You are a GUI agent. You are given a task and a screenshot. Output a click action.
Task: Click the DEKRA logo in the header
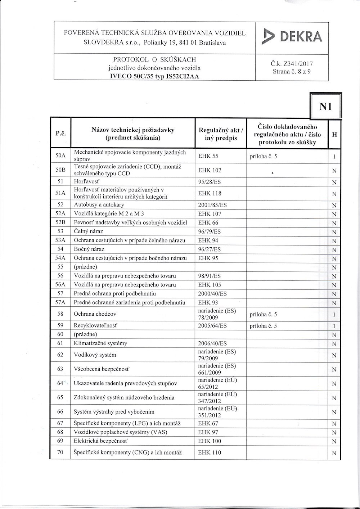pyautogui.click(x=292, y=37)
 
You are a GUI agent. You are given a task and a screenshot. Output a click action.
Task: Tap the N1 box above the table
pyautogui.click(x=325, y=107)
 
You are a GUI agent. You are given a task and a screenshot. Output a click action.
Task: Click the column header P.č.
pyautogui.click(x=60, y=133)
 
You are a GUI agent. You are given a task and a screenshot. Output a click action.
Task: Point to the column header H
pyautogui.click(x=334, y=134)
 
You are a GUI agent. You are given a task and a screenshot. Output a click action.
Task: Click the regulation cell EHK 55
pyautogui.click(x=208, y=156)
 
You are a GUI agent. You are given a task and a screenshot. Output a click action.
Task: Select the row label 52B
pyautogui.click(x=60, y=223)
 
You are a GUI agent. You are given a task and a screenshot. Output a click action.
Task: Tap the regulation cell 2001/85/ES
pyautogui.click(x=212, y=205)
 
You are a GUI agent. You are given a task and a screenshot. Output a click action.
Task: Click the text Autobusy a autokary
pyautogui.click(x=99, y=205)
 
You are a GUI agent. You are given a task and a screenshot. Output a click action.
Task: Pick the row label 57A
pyautogui.click(x=60, y=303)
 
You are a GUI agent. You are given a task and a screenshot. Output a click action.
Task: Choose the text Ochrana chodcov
pyautogui.click(x=95, y=314)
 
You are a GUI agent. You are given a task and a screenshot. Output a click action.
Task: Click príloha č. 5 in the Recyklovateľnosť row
pyautogui.click(x=263, y=326)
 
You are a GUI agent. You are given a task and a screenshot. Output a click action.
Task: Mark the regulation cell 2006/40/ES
pyautogui.click(x=212, y=344)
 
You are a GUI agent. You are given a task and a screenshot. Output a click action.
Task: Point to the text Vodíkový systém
pyautogui.click(x=95, y=355)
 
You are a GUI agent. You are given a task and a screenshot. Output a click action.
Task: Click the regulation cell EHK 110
pyautogui.click(x=210, y=453)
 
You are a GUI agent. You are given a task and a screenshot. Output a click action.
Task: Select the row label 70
pyautogui.click(x=60, y=453)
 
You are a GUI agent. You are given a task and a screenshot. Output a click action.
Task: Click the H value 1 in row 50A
pyautogui.click(x=334, y=157)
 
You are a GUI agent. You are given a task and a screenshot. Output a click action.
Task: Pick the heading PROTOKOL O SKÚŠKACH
pyautogui.click(x=154, y=60)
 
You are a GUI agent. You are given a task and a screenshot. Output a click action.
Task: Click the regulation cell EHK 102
pyautogui.click(x=210, y=170)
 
